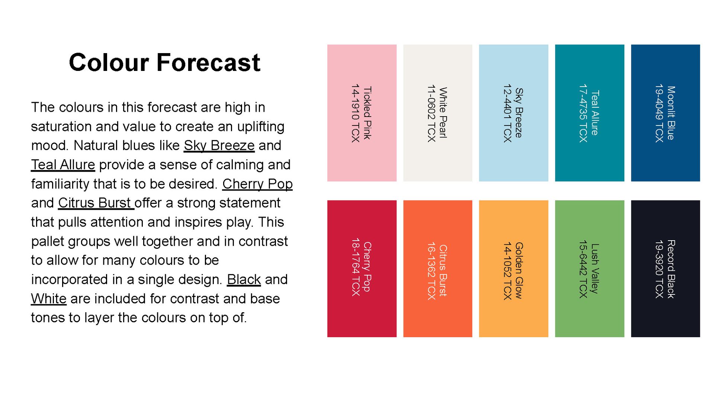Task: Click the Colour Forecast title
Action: pos(164,62)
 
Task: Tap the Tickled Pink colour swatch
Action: pos(362,113)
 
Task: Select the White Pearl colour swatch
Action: pos(438,113)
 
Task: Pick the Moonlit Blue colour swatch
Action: pos(666,113)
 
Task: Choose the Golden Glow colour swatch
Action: pos(514,269)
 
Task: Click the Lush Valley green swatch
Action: pos(590,269)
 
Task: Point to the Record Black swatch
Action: pos(666,269)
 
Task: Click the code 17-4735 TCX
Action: pos(583,113)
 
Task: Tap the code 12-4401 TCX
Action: pos(507,113)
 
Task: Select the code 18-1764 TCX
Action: pos(356,267)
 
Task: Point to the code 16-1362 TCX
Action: pos(431,271)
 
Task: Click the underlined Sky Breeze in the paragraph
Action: pos(219,146)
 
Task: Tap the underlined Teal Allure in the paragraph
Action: pos(63,164)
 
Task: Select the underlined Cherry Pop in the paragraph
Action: pos(257,184)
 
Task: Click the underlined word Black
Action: pos(244,279)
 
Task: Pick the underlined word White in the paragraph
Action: pos(49,299)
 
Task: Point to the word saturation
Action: pos(61,127)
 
